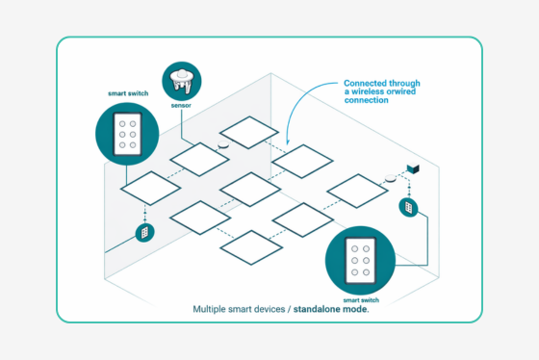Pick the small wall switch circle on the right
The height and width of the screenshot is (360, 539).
click(x=407, y=207)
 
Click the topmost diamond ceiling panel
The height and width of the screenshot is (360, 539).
click(x=249, y=133)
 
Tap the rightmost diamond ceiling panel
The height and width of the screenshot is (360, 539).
click(x=357, y=190)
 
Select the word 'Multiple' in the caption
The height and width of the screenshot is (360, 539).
click(x=213, y=310)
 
